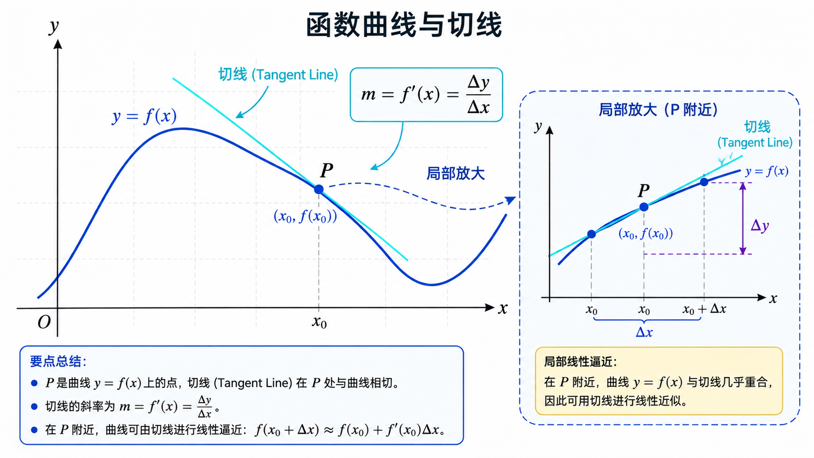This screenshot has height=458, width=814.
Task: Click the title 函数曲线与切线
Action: (x=404, y=25)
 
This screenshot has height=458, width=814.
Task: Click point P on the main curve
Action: (x=319, y=189)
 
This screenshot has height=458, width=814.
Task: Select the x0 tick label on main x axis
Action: (x=319, y=322)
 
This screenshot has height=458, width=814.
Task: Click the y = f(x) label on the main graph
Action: (x=144, y=116)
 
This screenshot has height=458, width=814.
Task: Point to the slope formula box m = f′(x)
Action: (x=426, y=94)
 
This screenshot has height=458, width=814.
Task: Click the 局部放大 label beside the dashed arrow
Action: (x=455, y=174)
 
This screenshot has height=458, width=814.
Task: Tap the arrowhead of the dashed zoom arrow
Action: (x=511, y=200)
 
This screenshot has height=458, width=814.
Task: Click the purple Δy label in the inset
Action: (x=760, y=226)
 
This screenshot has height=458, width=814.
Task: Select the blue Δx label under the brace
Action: (x=644, y=332)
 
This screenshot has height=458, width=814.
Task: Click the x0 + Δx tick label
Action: (x=704, y=310)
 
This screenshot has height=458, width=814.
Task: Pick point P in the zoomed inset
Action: (x=644, y=207)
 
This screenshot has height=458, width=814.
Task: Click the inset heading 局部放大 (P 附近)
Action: (x=658, y=110)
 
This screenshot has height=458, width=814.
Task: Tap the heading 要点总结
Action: (x=58, y=362)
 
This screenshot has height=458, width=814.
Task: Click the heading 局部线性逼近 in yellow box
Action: (x=580, y=362)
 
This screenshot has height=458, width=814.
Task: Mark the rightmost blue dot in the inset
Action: (x=704, y=182)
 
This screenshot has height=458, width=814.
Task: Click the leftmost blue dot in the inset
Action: (x=592, y=234)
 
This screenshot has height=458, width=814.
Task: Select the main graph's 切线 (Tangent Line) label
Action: (x=278, y=74)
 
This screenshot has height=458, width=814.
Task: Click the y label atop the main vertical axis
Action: (x=54, y=26)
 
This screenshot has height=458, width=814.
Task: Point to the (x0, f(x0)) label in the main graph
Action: (x=305, y=217)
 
